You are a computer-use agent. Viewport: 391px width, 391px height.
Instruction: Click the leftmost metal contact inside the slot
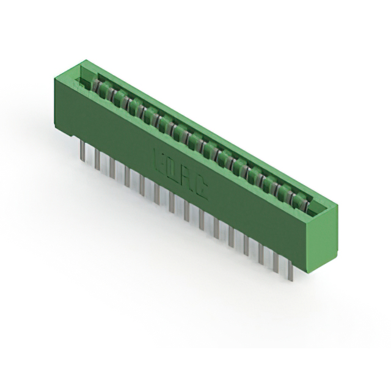click(x=98, y=89)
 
